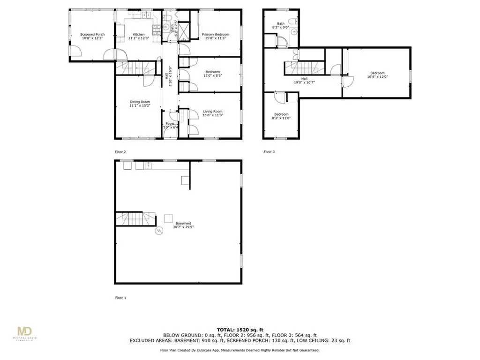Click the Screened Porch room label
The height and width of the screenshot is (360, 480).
click(x=92, y=35)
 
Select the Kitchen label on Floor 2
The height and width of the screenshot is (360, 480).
click(x=138, y=35)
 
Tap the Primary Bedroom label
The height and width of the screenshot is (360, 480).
click(x=215, y=35)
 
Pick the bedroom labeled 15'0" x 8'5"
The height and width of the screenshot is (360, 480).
click(x=212, y=72)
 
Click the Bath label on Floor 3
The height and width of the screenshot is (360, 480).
click(x=281, y=23)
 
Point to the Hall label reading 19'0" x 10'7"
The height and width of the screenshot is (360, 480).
click(x=304, y=79)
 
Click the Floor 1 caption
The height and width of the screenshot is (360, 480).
click(x=120, y=298)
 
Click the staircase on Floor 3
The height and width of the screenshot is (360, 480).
click(x=303, y=67)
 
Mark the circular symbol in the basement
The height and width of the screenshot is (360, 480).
click(x=159, y=231)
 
